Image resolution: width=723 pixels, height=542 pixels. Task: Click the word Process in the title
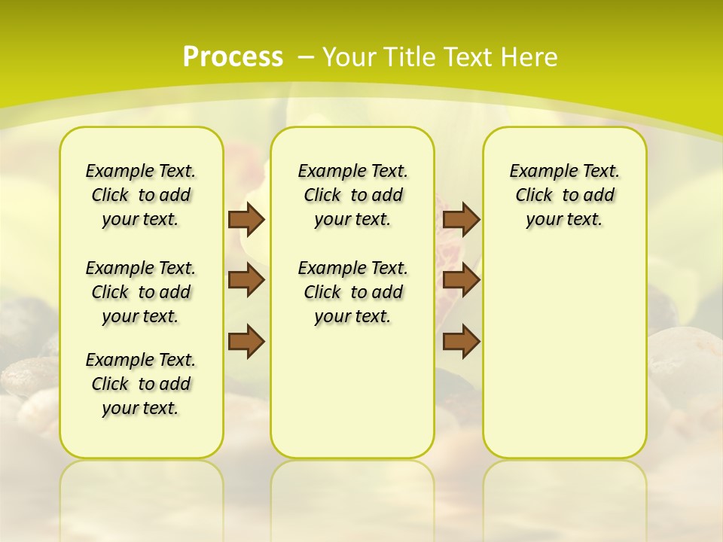[x=233, y=56]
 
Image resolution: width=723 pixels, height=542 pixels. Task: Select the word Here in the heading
[x=530, y=56]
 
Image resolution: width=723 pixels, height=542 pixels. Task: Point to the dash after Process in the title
[x=305, y=56]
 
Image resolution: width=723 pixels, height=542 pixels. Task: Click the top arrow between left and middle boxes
[x=246, y=219]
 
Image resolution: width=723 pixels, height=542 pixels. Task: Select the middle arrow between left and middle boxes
[x=246, y=280]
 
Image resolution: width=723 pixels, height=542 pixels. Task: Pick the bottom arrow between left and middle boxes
[x=246, y=342]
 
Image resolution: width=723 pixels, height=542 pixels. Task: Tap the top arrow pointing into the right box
[x=461, y=219]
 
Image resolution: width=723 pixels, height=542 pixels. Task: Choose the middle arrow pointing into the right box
[x=461, y=280]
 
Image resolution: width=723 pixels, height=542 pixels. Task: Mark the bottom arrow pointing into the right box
[x=461, y=342]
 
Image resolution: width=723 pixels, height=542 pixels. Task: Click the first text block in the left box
[x=141, y=195]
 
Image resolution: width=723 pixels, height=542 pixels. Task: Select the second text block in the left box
[x=141, y=292]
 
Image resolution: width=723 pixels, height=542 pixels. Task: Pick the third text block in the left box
[x=141, y=384]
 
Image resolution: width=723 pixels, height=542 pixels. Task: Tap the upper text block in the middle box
[x=352, y=195]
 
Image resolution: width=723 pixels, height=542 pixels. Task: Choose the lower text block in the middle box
[x=352, y=292]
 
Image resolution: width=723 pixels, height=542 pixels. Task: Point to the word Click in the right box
[x=534, y=195]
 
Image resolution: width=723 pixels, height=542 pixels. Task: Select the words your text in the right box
[x=564, y=220]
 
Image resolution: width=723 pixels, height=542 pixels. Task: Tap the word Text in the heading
[x=468, y=56]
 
